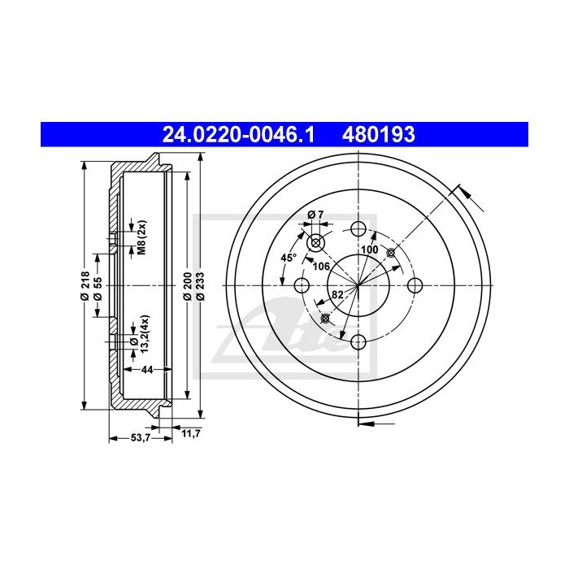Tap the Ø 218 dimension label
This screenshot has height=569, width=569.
[x=84, y=284]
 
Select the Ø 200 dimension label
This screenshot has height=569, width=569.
[x=188, y=285]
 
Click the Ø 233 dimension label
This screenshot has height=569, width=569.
[x=200, y=285]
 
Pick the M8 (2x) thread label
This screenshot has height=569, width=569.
[x=140, y=237]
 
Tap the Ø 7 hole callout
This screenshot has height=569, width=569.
[x=315, y=215]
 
